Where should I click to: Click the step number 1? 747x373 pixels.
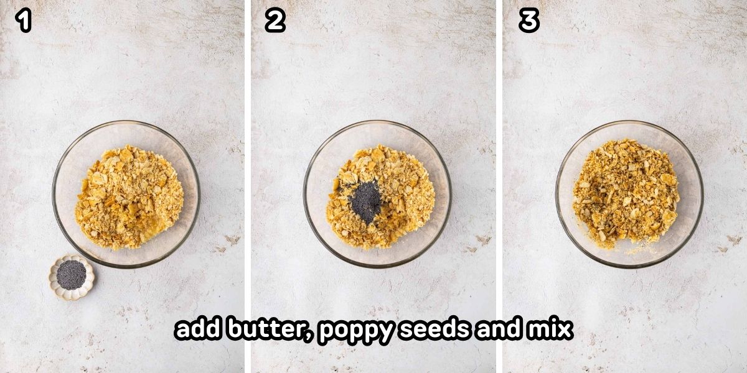pyautogui.click(x=24, y=21)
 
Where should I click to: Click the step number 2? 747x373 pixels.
pyautogui.click(x=275, y=21)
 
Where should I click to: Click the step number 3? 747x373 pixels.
pyautogui.click(x=529, y=21)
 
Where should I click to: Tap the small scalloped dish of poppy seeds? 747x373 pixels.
pyautogui.click(x=72, y=277)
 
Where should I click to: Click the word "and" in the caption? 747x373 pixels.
pyautogui.click(x=498, y=329)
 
